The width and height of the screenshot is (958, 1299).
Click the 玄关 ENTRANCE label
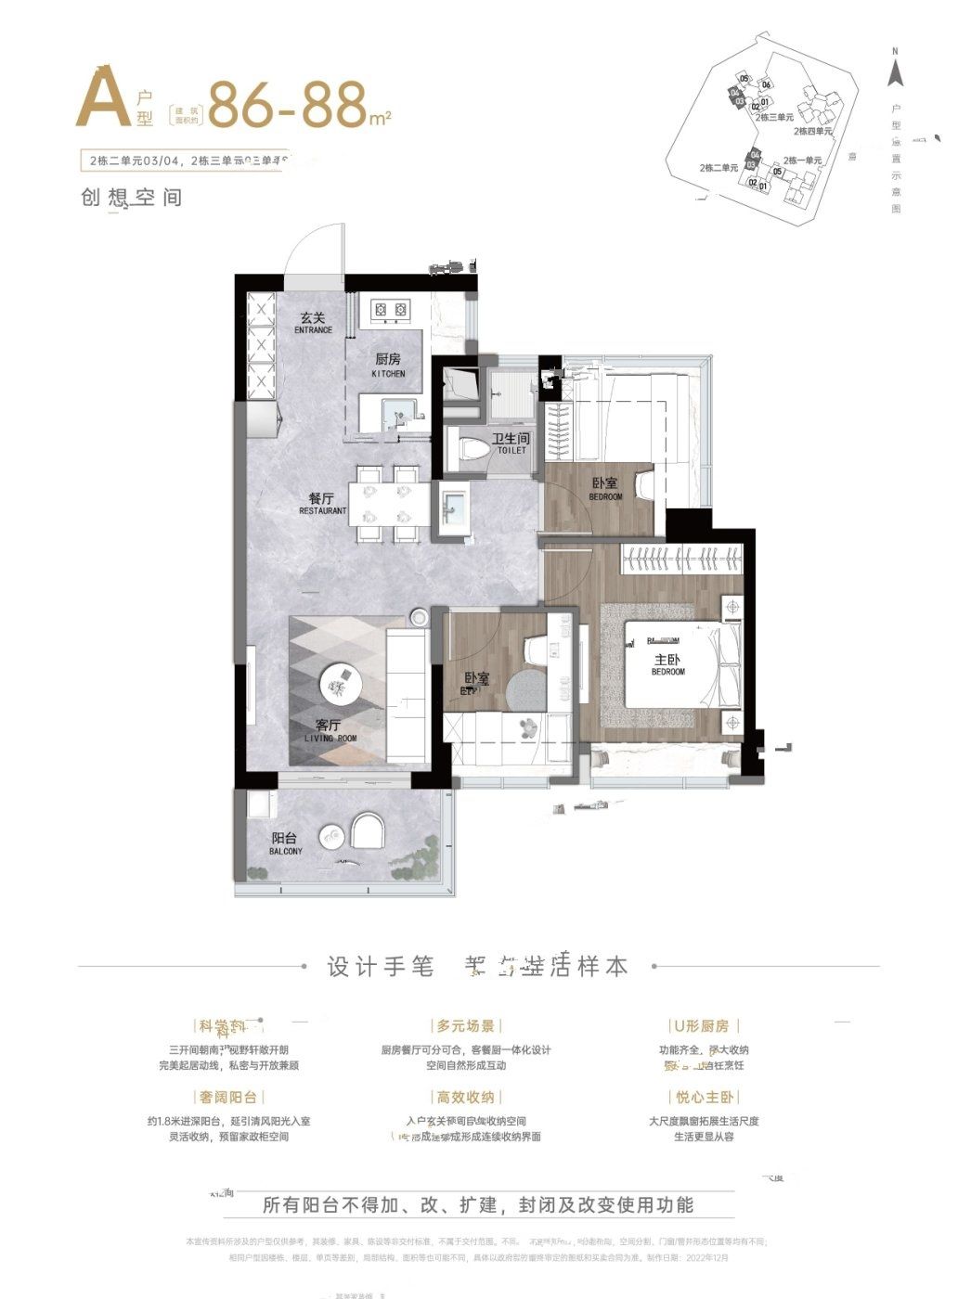click(313, 322)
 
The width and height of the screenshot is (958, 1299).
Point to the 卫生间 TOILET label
click(511, 444)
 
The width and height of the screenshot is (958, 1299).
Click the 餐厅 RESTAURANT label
click(322, 504)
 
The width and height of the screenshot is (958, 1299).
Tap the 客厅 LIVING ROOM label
click(330, 731)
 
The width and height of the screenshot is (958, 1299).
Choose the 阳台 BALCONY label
click(285, 843)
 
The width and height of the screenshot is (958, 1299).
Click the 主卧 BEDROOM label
click(667, 664)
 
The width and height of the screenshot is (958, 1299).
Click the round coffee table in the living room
click(338, 686)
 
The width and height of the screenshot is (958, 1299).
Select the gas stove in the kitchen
click(391, 308)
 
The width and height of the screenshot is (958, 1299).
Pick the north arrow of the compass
click(895, 67)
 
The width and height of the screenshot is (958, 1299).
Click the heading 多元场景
click(465, 1026)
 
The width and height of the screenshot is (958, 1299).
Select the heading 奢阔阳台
click(227, 1097)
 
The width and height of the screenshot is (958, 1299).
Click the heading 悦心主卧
click(704, 1097)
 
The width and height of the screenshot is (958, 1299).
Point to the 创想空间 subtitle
click(131, 198)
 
